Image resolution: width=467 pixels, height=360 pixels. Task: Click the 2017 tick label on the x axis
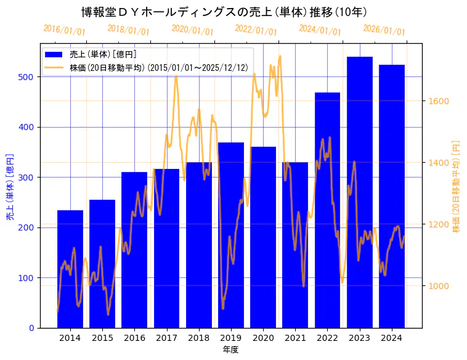(x=166, y=338)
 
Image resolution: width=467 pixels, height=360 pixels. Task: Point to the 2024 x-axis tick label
(x=392, y=338)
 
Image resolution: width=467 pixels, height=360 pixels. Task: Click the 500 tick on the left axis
(x=30, y=77)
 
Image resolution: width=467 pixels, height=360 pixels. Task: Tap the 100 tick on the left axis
(x=30, y=278)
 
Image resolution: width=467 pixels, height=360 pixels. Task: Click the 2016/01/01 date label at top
(x=65, y=30)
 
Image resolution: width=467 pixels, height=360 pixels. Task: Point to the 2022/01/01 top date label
(x=256, y=30)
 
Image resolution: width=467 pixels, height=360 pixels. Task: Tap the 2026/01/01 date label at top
(x=384, y=30)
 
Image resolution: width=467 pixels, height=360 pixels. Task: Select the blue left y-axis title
(x=10, y=186)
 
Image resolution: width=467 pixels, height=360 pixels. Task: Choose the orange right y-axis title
(x=457, y=186)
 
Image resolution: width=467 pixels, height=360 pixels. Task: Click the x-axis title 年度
(x=230, y=350)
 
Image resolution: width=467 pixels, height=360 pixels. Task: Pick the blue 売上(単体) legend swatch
(x=54, y=55)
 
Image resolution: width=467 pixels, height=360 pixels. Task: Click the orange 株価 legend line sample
(x=54, y=67)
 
